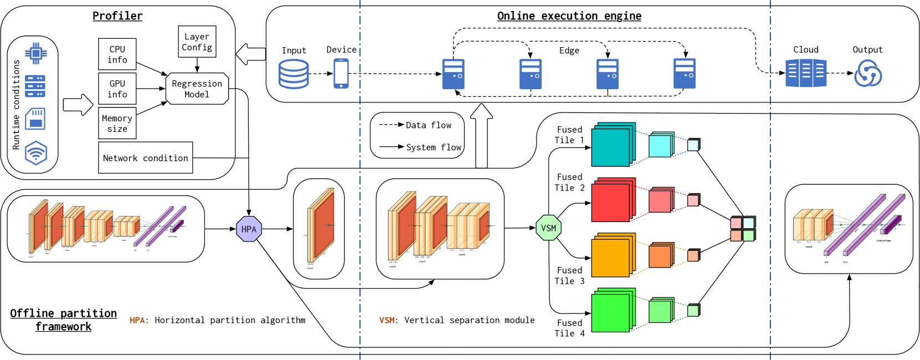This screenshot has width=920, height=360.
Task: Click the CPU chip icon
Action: [x=36, y=54]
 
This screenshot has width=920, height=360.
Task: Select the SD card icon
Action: [x=35, y=119]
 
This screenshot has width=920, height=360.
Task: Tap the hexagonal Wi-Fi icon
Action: [x=36, y=153]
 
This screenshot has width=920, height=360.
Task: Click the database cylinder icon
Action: [x=293, y=74]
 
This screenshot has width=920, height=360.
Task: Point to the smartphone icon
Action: [x=341, y=73]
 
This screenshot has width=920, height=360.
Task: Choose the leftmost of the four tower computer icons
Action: [x=453, y=74]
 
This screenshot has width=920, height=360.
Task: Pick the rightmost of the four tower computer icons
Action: [x=684, y=74]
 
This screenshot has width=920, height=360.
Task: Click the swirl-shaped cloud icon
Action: [x=867, y=74]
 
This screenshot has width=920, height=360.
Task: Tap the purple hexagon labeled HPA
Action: [x=249, y=229]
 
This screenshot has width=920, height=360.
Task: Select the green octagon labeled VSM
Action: [x=548, y=228]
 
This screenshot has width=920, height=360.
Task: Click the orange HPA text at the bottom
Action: [x=137, y=320]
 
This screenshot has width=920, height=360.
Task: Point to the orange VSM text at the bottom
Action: [x=387, y=320]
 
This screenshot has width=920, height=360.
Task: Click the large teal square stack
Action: [x=611, y=146]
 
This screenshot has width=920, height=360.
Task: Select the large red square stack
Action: [x=611, y=202]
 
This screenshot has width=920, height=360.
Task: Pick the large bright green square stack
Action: [x=611, y=312]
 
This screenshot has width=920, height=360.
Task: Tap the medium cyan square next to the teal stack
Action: [x=660, y=146]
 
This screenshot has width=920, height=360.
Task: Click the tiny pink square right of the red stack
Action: [x=693, y=200]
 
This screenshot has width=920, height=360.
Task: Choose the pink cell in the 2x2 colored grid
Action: [x=736, y=223]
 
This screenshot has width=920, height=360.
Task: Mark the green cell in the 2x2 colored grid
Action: [x=748, y=235]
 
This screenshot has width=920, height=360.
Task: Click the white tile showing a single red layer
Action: [x=318, y=229]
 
